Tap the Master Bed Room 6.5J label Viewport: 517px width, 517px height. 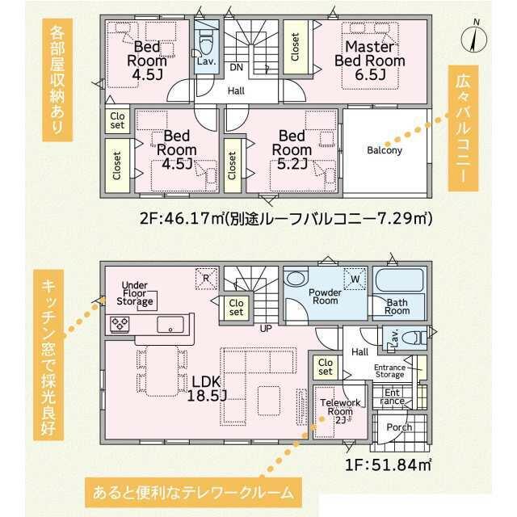(370, 61)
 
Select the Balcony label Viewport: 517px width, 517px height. (385, 150)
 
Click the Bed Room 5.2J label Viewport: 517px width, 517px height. (292, 149)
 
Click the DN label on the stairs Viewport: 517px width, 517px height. (236, 68)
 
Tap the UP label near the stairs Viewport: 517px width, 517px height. (266, 329)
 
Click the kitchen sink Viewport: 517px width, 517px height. (170, 325)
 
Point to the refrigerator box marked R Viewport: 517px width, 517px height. (207, 279)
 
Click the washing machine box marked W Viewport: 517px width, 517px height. (355, 279)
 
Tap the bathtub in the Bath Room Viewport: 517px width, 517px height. (399, 280)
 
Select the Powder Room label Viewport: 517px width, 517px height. (325, 296)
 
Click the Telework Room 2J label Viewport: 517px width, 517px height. (340, 411)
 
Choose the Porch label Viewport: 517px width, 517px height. (399, 427)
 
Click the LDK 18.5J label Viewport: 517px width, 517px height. (207, 389)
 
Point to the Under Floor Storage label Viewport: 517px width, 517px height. (135, 293)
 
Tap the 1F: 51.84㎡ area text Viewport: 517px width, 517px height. (388, 464)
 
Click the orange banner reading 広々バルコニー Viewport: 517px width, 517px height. (463, 128)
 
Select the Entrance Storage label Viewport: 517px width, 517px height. (389, 371)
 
